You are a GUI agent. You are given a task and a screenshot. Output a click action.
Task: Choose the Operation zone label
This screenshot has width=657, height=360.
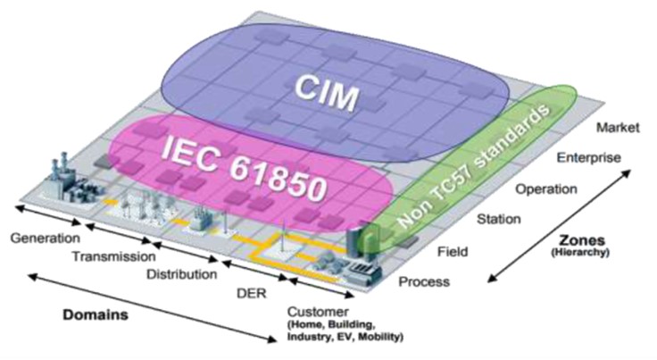pyautogui.click(x=545, y=189)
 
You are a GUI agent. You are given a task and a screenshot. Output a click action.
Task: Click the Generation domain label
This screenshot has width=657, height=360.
pyautogui.click(x=45, y=239)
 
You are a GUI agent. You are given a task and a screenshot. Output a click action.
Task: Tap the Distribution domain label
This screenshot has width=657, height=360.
pyautogui.click(x=182, y=274)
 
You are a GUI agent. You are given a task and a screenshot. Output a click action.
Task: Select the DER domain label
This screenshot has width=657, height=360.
pyautogui.click(x=252, y=292)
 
